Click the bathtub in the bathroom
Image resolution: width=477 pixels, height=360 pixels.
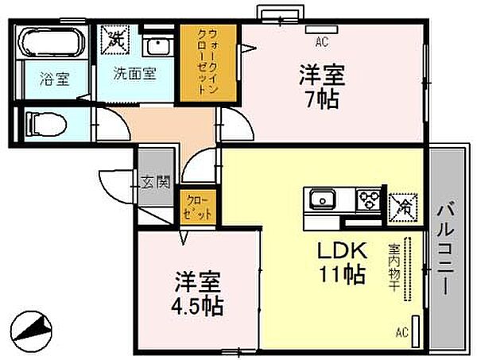click(x=51, y=42)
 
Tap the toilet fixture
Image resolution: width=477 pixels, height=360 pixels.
click(x=45, y=124)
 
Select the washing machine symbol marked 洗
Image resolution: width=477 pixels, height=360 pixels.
click(x=114, y=40)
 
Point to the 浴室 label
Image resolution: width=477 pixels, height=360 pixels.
click(x=55, y=79)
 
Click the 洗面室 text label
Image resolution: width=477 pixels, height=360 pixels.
click(x=135, y=73)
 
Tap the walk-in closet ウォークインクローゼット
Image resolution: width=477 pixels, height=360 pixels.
click(x=208, y=63)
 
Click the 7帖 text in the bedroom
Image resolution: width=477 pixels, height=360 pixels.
click(x=322, y=99)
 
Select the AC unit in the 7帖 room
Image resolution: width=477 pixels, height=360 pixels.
click(x=322, y=29)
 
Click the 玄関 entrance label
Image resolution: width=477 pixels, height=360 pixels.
click(x=155, y=183)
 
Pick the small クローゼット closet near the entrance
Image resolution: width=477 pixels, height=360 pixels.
click(x=198, y=207)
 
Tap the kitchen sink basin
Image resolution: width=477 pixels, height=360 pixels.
click(x=323, y=199)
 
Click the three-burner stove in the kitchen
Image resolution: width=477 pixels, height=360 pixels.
click(x=369, y=200)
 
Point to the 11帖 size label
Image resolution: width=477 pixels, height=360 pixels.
click(x=341, y=274)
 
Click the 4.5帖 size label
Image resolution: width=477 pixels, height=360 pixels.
click(x=197, y=306)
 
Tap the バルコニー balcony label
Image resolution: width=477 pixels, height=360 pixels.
click(x=446, y=250)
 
